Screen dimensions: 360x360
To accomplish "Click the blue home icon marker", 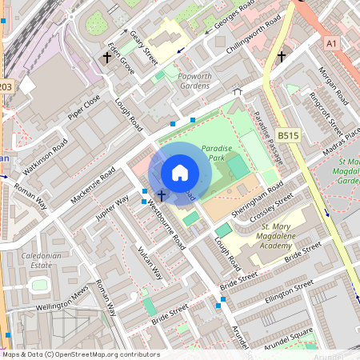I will pyautogui.click(x=180, y=173).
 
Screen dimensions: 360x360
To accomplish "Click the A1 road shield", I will pyautogui.click(x=331, y=42).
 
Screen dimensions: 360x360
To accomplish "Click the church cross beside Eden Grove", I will pyautogui.click(x=106, y=58).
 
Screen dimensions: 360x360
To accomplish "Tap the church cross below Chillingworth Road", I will pyautogui.click(x=281, y=57).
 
